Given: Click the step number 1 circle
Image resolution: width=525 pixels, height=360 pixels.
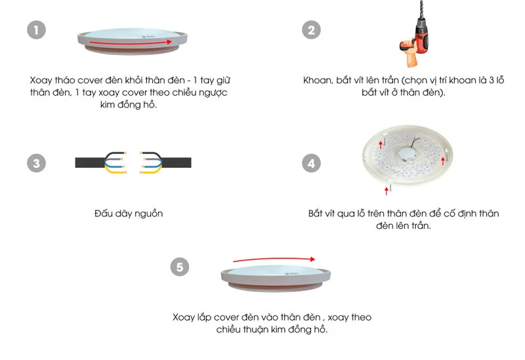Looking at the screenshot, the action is (36, 30).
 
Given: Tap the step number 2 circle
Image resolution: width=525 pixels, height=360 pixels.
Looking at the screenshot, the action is (311, 30).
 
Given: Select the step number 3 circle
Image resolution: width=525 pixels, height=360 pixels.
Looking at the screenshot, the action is (36, 163).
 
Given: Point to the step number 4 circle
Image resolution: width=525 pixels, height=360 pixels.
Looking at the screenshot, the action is (311, 163).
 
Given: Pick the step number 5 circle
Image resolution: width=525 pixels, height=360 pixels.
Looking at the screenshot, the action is (180, 267).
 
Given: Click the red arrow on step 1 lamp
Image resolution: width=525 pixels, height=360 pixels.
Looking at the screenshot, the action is (131, 43).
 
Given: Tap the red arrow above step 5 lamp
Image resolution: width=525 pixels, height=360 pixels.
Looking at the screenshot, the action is (274, 259).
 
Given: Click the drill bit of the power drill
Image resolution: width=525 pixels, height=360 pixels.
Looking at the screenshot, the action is (421, 9).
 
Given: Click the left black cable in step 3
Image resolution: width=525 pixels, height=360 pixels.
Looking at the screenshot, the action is (91, 163).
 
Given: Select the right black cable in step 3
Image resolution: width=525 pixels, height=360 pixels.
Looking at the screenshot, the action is (176, 163).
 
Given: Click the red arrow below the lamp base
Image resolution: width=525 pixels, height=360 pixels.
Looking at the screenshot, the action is (387, 191).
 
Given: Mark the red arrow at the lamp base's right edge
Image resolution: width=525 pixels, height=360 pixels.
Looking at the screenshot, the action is (443, 161).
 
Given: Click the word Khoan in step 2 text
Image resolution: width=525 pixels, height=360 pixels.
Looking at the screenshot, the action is (318, 81).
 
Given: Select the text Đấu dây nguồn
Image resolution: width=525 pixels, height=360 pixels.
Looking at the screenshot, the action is (129, 214).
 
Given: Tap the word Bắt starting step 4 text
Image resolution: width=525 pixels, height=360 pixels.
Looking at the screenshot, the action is (316, 214).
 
